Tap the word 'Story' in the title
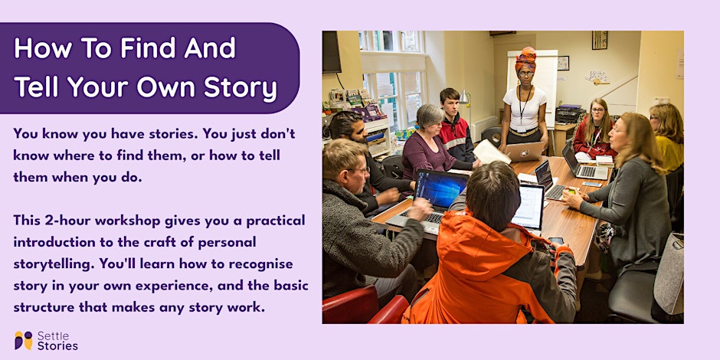click(x=239, y=88)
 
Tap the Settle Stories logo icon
click(x=23, y=341)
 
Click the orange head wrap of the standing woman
click(x=525, y=58)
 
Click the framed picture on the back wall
click(x=599, y=40)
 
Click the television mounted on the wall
click(x=332, y=52)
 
